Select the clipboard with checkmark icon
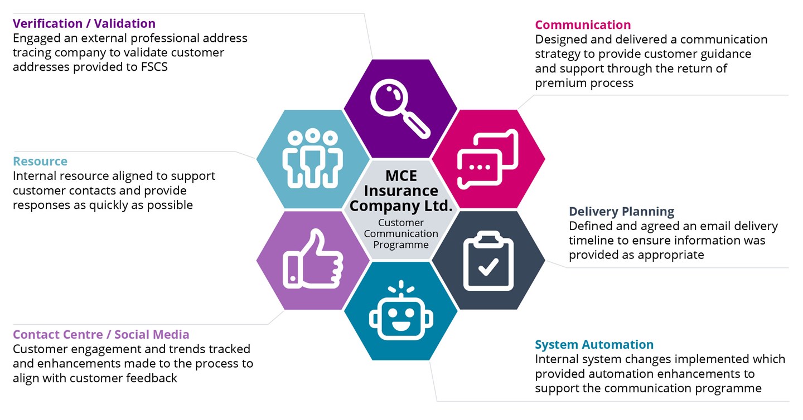[488, 260]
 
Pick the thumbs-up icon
[312, 260]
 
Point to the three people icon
[312, 159]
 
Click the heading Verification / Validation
[84, 23]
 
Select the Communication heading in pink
[583, 25]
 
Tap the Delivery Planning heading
[621, 212]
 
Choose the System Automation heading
[594, 344]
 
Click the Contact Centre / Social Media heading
[101, 334]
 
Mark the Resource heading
[40, 162]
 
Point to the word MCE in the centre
[401, 175]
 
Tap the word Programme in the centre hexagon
[401, 245]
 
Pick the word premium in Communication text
[560, 83]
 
